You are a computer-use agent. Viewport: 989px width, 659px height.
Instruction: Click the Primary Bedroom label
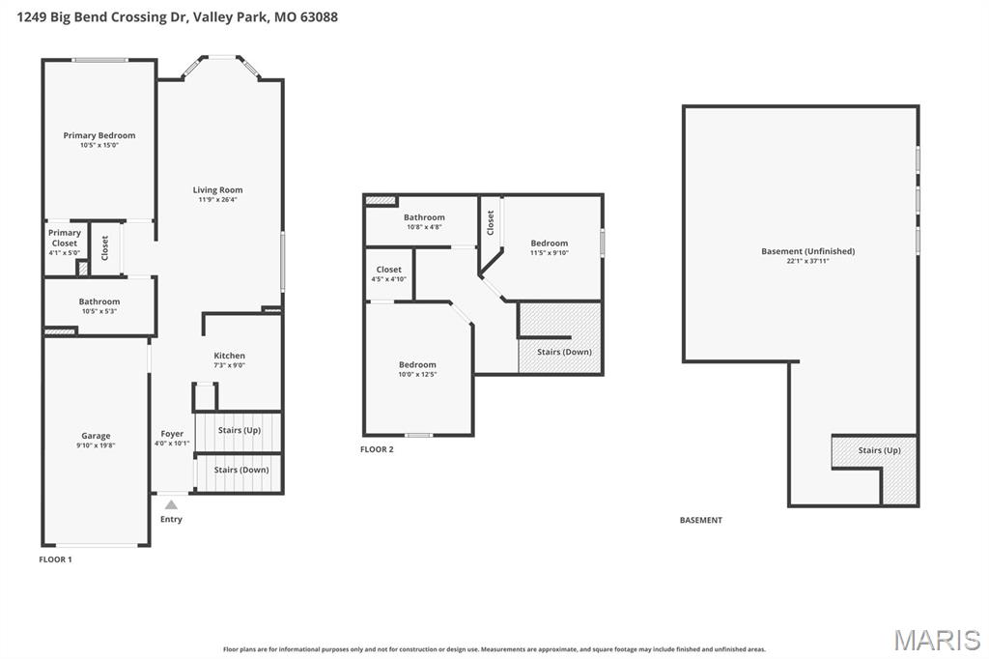tap(99, 135)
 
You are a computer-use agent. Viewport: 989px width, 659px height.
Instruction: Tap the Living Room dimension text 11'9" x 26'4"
tap(217, 200)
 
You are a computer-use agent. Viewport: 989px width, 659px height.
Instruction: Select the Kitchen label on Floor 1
tap(229, 356)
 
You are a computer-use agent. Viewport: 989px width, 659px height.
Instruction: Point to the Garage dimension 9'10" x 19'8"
tap(96, 445)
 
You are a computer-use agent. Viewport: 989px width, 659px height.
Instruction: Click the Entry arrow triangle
tap(171, 504)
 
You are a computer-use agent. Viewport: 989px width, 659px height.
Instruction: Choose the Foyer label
tap(172, 434)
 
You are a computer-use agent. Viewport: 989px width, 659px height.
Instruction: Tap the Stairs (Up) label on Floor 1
tap(239, 430)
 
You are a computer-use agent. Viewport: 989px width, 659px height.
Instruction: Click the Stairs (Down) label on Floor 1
tap(241, 470)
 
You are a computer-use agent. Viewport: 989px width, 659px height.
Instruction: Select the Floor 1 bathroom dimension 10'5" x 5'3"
tap(99, 311)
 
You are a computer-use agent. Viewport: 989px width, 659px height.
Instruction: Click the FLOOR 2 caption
tap(377, 449)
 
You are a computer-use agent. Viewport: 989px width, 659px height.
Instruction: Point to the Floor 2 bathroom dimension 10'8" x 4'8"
tap(424, 227)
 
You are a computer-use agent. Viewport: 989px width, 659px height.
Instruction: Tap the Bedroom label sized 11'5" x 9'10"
tap(549, 244)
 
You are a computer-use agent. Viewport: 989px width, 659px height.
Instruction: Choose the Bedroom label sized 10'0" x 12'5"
tap(417, 364)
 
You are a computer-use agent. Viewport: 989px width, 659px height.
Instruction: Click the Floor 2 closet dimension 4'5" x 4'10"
tap(388, 279)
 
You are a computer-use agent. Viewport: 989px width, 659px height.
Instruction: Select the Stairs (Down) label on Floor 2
tap(564, 352)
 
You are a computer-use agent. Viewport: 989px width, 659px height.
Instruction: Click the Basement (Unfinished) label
tap(807, 251)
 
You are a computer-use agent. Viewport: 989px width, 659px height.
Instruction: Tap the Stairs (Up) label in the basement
tap(879, 450)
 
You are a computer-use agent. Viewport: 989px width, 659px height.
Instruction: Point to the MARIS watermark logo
tap(937, 640)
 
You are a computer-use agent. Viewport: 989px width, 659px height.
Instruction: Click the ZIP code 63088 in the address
tap(318, 17)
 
